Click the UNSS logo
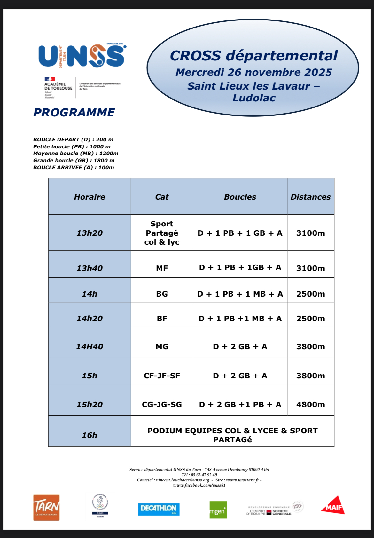pos(82,56)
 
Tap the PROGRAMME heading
pos(74,113)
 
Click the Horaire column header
pos(90,197)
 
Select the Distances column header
pos(310,197)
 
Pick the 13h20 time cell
pos(90,233)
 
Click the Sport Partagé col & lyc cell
pos(162,233)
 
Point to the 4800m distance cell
pos(310,404)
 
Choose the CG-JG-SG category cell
pos(162,404)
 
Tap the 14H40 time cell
pos(90,346)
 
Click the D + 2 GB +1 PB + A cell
pos(240,404)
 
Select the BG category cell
pos(162,294)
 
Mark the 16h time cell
pos(90,435)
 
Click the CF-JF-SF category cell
pos(162,376)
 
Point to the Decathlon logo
pos(159,509)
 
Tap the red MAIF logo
pos(333,506)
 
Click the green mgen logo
pos(218,510)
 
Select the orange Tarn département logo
pos(46,508)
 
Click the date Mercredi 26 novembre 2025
pos(254,72)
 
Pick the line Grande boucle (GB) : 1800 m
pos(74,160)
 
